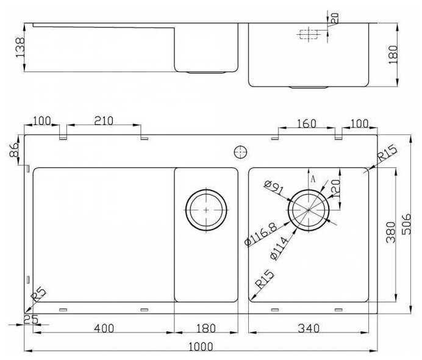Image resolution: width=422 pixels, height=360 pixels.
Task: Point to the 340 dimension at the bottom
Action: tap(310, 328)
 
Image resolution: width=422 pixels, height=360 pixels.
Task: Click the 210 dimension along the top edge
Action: tap(104, 121)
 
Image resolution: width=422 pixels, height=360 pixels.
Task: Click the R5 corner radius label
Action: tap(38, 297)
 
